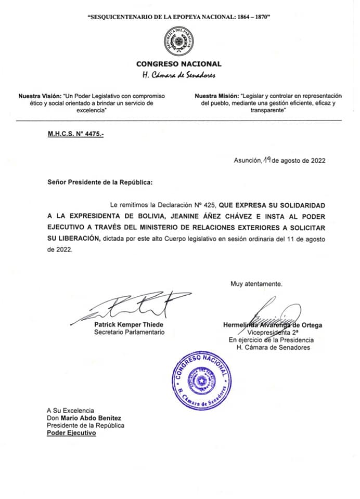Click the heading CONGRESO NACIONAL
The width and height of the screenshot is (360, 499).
point(178,64)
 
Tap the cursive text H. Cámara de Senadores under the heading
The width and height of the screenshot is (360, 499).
point(179,75)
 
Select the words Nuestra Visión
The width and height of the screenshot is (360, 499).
point(40,97)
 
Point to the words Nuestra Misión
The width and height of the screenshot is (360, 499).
point(216,96)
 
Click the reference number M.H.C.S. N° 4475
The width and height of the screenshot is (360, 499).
point(75,134)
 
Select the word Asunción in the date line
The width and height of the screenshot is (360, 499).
point(247,161)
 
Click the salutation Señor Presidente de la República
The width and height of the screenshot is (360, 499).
point(100,183)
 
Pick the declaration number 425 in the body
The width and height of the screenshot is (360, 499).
point(210,205)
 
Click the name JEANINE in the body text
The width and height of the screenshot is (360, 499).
point(182,216)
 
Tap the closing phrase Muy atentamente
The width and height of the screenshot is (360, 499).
point(256,284)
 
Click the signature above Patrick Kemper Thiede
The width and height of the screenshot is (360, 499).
point(130,308)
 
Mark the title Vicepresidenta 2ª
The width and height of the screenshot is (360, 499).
point(269,333)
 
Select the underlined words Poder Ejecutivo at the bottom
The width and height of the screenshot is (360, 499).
point(71,434)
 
